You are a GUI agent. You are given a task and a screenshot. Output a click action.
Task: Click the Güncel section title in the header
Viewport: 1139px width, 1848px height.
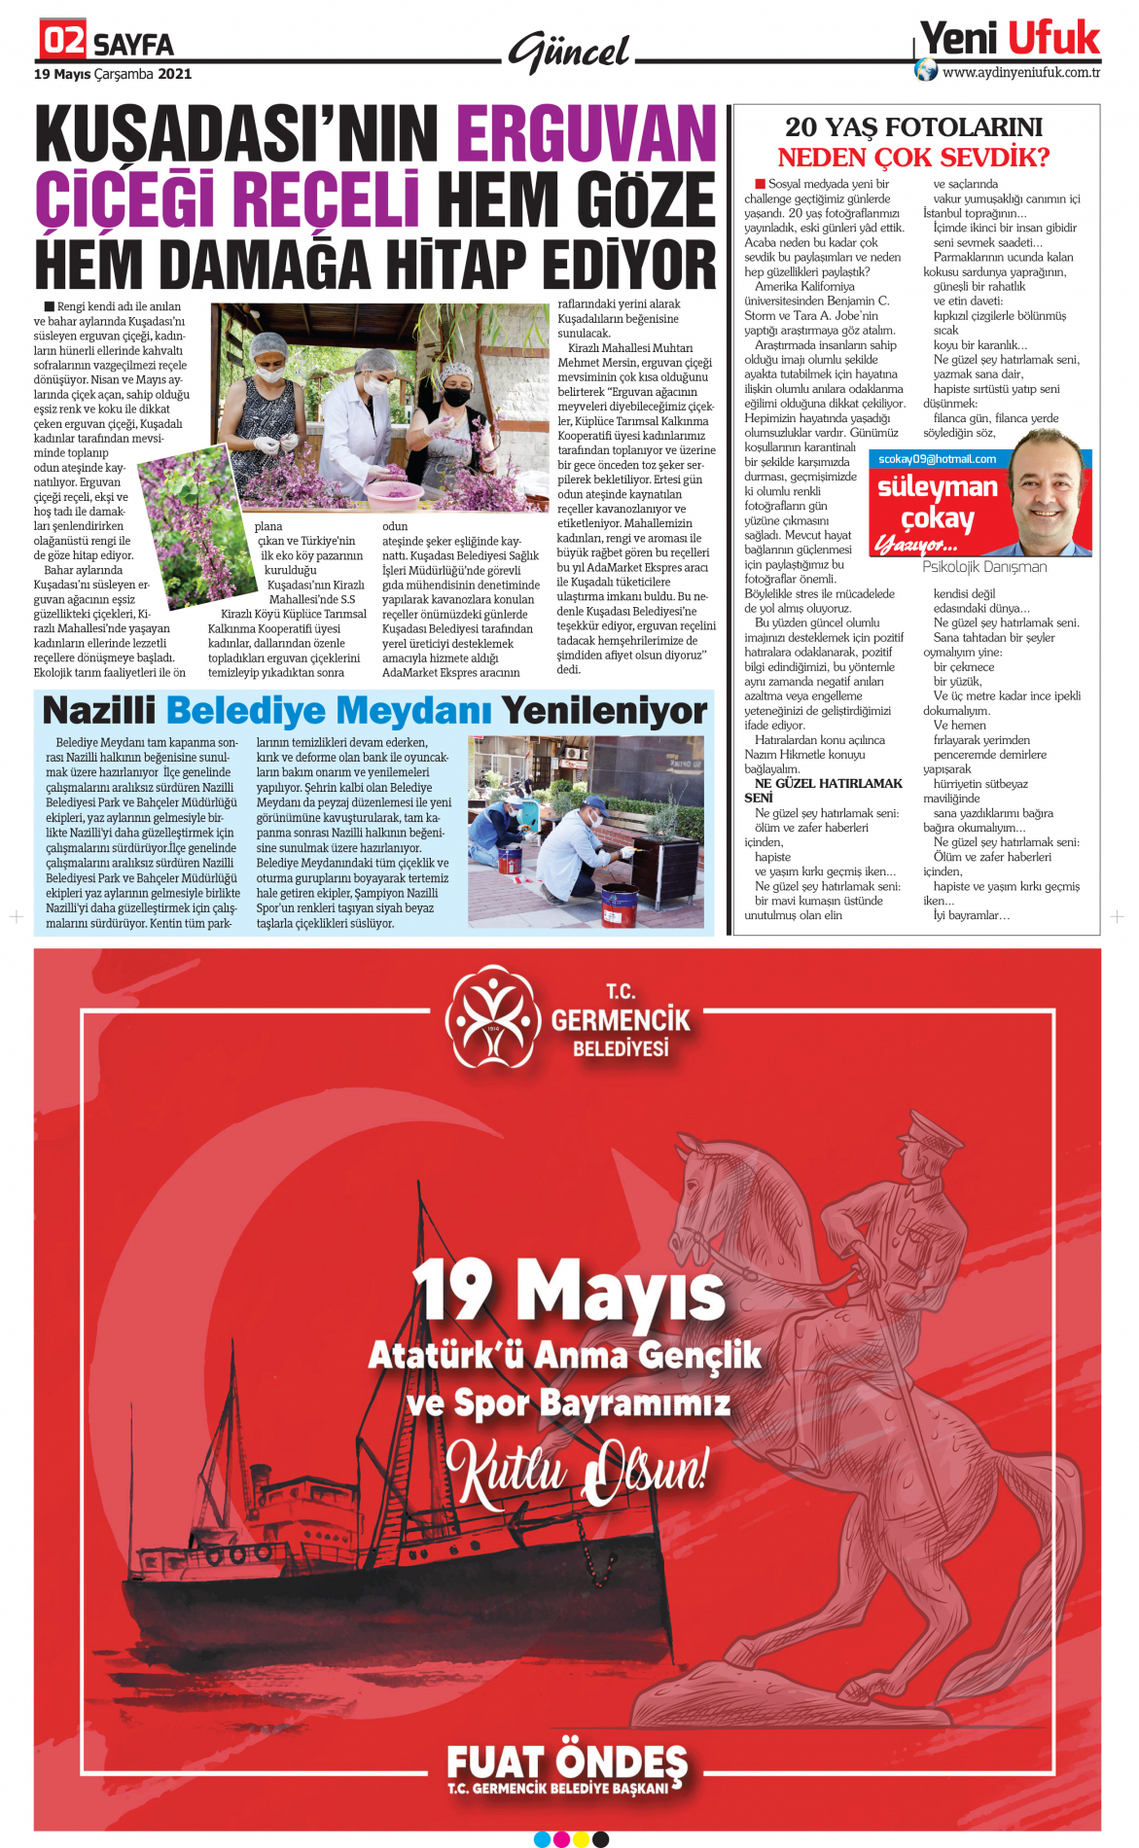[x=569, y=52]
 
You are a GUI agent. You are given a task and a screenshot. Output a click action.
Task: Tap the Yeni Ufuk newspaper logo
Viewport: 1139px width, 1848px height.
[x=1009, y=39]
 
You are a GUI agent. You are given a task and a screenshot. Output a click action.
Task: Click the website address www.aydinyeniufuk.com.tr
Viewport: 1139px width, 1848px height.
[x=1020, y=72]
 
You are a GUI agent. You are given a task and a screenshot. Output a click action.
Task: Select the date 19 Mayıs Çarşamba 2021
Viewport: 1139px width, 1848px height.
[x=113, y=74]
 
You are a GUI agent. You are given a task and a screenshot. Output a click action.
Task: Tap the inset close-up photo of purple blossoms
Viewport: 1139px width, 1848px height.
[x=195, y=525]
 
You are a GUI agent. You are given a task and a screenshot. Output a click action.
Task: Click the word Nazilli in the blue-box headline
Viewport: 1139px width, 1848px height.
[x=98, y=711]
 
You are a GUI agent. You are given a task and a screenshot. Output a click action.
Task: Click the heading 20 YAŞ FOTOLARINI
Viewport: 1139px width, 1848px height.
[x=913, y=127]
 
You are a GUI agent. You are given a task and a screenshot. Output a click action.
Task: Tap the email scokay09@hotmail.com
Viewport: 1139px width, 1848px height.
[x=937, y=459]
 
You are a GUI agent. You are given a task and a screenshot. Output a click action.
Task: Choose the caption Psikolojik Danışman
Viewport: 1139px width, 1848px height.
[x=984, y=566]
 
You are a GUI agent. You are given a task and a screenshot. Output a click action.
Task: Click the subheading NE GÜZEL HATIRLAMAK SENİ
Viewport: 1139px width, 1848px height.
[x=828, y=790]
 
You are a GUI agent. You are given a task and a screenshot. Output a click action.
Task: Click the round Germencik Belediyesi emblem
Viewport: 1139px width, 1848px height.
[x=492, y=1016]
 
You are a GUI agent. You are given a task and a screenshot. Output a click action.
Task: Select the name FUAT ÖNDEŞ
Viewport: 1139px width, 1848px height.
[x=567, y=1762]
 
